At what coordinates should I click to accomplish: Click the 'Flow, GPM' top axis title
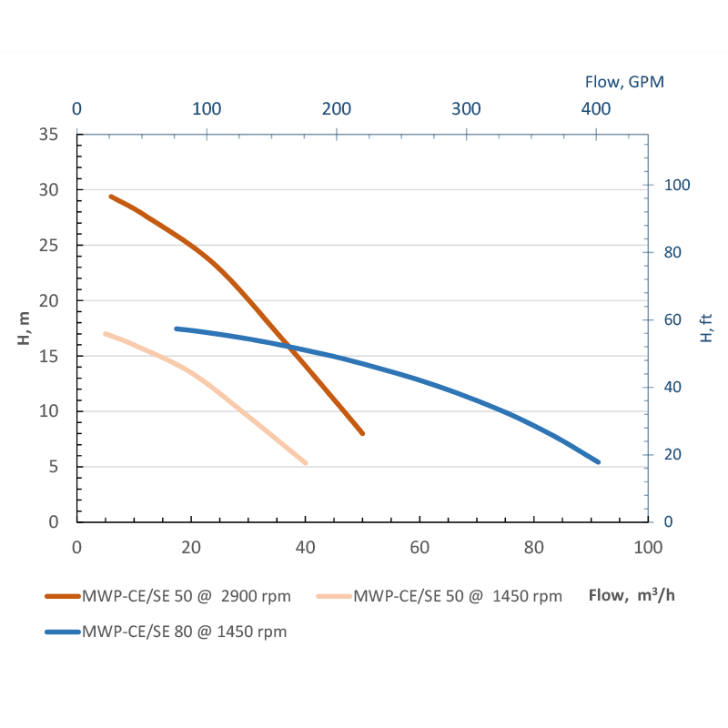click(624, 81)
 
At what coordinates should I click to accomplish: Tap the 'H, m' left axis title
click(24, 328)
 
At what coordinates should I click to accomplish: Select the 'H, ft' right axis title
click(706, 328)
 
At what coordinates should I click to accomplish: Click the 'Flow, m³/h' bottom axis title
click(632, 596)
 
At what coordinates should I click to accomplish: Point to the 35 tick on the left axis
click(49, 135)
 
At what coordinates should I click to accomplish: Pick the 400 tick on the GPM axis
click(596, 108)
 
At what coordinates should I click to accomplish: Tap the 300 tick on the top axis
click(466, 108)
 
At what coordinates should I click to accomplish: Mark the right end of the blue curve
click(598, 462)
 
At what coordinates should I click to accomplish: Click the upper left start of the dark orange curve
click(111, 196)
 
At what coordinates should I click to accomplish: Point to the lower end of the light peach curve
click(306, 463)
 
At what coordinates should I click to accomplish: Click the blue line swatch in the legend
click(62, 632)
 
